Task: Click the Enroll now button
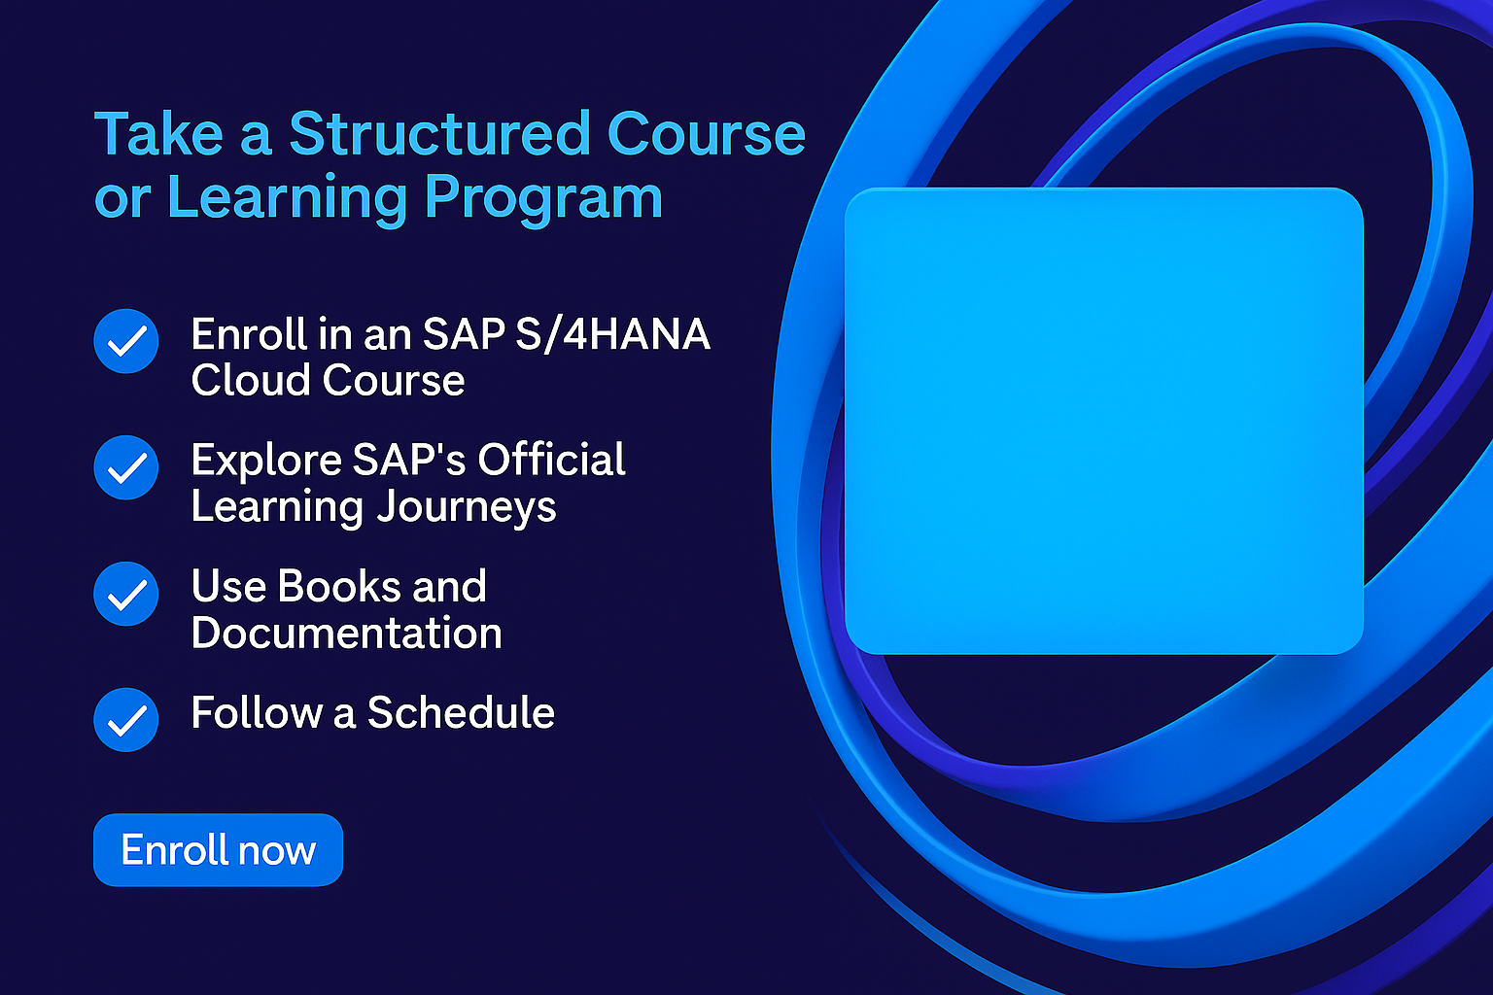pyautogui.click(x=218, y=849)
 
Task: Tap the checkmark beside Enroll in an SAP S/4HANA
pyautogui.click(x=126, y=341)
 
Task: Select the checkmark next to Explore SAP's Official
pyautogui.click(x=126, y=467)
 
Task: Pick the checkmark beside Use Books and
pyautogui.click(x=126, y=594)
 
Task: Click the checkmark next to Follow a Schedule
pyautogui.click(x=126, y=720)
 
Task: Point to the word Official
pyautogui.click(x=551, y=460)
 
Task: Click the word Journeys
pyautogui.click(x=466, y=507)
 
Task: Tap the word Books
pyautogui.click(x=339, y=586)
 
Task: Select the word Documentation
pyautogui.click(x=347, y=633)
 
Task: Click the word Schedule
pyautogui.click(x=461, y=712)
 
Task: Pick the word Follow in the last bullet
pyautogui.click(x=257, y=712)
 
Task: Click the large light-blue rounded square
pyautogui.click(x=1104, y=421)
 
